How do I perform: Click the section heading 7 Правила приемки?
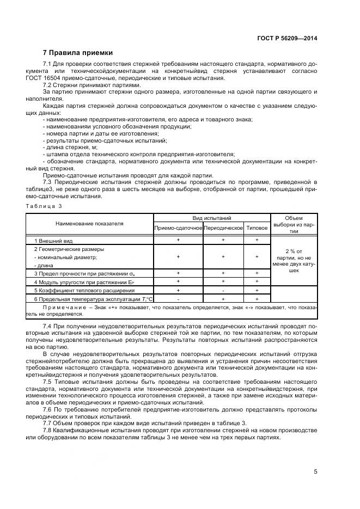click(77, 53)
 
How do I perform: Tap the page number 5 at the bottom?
click(315, 471)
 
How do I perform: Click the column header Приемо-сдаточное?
click(178, 228)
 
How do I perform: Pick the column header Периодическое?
click(223, 228)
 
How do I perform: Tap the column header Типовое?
click(257, 228)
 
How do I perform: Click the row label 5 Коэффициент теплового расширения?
click(74, 290)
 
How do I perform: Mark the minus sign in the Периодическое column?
click(223, 290)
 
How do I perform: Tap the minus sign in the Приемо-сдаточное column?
click(178, 299)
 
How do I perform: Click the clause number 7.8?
click(47, 431)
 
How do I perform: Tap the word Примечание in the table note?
click(52, 308)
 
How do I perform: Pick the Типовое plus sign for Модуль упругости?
click(257, 281)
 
